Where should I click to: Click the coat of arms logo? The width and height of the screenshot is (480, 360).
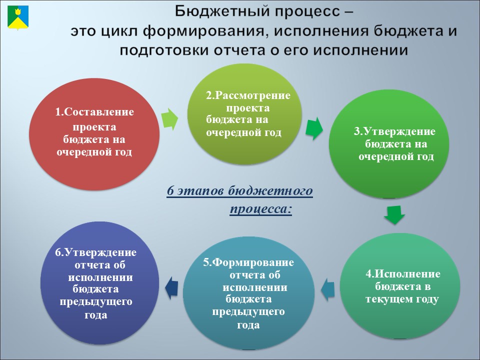(18, 18)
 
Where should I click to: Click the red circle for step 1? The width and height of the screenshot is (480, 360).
(94, 134)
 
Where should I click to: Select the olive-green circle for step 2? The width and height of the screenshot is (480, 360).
(244, 114)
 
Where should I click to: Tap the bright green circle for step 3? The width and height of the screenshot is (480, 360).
(389, 144)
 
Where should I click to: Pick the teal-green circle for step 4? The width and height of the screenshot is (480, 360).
(400, 286)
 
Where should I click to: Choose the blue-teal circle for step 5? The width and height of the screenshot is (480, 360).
(248, 293)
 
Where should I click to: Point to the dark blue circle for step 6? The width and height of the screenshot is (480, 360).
(100, 283)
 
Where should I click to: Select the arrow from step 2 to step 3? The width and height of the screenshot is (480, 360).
(314, 128)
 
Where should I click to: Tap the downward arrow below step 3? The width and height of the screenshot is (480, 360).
(394, 215)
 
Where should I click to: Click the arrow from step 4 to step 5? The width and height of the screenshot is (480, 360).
(328, 290)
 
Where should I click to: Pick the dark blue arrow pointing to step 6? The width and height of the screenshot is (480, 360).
(171, 288)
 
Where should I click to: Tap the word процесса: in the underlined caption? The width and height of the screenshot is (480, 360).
(261, 209)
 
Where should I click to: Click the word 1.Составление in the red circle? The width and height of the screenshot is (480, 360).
(94, 112)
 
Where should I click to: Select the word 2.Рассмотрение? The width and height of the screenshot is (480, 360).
(248, 95)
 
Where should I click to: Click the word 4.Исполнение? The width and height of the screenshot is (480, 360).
(403, 273)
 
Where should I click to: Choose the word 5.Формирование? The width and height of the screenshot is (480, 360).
(248, 262)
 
